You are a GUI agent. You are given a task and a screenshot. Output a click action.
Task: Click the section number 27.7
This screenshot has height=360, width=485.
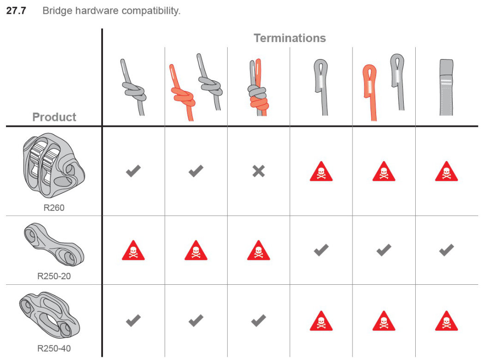16,11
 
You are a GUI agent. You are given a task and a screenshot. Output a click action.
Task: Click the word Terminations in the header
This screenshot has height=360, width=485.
290,38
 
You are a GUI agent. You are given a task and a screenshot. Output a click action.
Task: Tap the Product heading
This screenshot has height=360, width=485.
54,117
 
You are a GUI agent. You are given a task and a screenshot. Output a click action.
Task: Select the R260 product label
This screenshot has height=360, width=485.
54,208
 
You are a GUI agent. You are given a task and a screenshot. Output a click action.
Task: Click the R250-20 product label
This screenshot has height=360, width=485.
54,276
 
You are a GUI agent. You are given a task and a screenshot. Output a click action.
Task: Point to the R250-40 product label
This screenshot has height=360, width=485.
54,348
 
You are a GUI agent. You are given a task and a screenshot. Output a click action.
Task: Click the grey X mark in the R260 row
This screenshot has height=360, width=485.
259,171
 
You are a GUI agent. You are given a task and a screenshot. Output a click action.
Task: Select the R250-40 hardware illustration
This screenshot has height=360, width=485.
49,315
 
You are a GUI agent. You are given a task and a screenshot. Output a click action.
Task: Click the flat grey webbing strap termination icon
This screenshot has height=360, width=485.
446,87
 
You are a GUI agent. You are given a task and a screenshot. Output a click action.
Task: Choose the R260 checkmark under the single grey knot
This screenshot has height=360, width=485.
133,171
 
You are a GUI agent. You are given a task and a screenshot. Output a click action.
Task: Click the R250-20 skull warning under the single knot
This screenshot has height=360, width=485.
133,250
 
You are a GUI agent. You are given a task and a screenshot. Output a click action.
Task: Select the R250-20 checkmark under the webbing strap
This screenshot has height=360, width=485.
446,250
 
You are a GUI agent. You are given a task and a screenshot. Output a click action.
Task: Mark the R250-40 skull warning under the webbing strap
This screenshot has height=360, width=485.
446,321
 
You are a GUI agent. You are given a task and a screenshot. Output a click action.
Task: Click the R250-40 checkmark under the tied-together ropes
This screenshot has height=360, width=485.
259,320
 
